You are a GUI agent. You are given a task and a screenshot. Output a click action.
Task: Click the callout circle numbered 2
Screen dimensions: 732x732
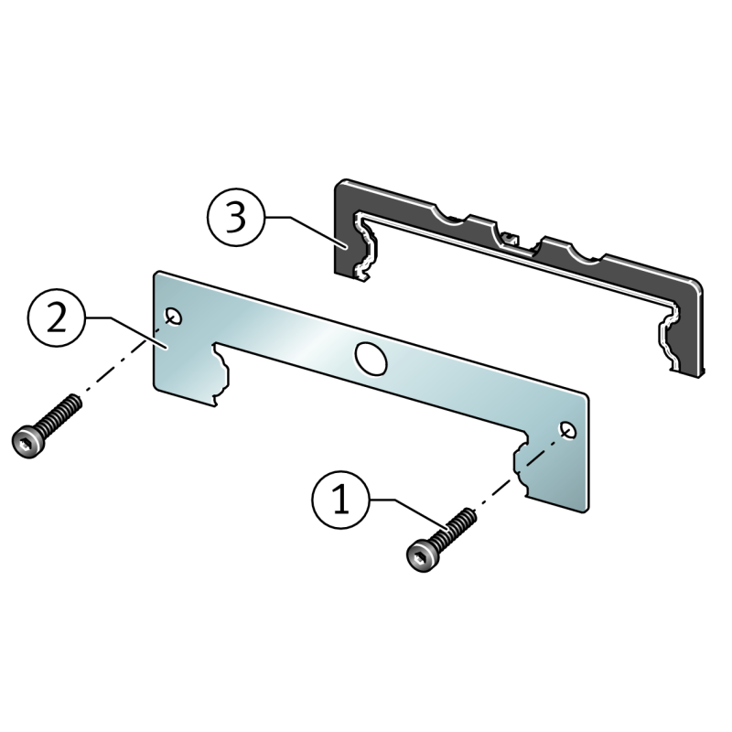coord(57,318)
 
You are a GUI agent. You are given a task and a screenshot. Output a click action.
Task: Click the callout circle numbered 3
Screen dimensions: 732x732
coord(234,218)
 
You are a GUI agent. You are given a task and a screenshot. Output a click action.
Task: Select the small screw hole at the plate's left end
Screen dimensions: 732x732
coord(174,316)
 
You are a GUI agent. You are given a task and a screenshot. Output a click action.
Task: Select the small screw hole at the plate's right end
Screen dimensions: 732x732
coord(568,429)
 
